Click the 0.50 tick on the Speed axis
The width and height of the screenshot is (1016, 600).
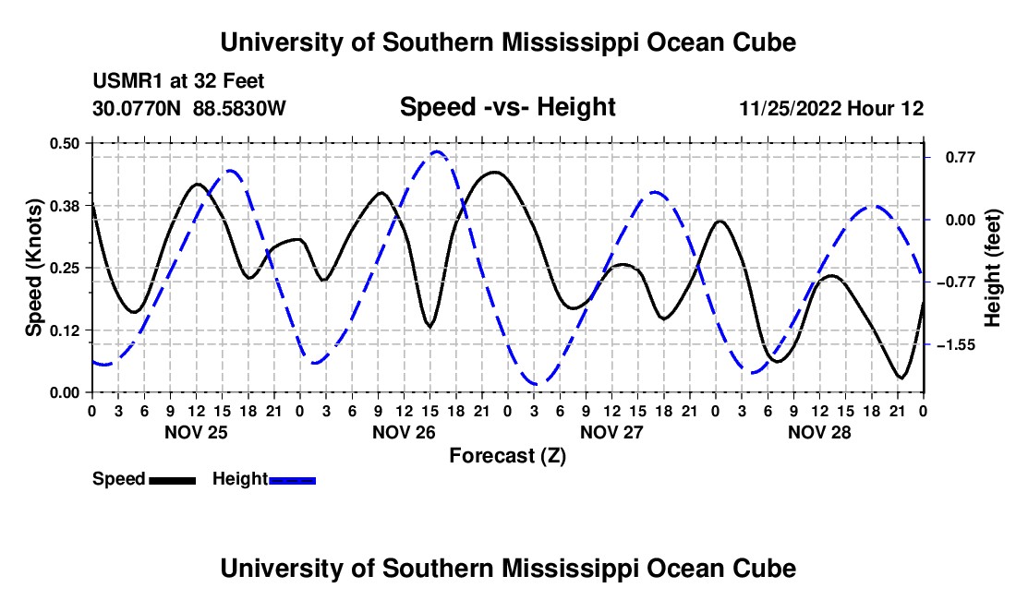64,143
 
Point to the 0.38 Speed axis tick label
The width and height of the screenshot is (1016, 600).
64,206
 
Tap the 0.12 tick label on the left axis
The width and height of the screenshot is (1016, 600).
64,330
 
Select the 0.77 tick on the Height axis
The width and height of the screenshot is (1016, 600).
961,157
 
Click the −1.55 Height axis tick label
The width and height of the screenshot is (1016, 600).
956,345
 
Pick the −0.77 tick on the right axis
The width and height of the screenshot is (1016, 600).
956,282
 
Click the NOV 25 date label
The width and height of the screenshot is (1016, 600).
197,432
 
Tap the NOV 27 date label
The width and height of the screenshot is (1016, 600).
611,432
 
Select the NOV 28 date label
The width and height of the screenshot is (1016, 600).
819,432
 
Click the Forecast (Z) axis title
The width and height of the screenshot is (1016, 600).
508,456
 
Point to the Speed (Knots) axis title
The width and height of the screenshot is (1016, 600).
33,268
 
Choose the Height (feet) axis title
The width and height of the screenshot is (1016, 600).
993,268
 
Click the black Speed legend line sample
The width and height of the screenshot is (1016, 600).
173,480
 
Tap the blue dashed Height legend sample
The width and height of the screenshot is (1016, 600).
292,480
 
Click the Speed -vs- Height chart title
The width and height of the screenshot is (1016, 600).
508,107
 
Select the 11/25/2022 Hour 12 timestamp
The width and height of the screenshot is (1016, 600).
832,108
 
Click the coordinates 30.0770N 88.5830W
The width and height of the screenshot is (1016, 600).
189,108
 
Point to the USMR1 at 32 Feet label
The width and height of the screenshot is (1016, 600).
178,81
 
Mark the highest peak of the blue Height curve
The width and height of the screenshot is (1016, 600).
437,152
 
